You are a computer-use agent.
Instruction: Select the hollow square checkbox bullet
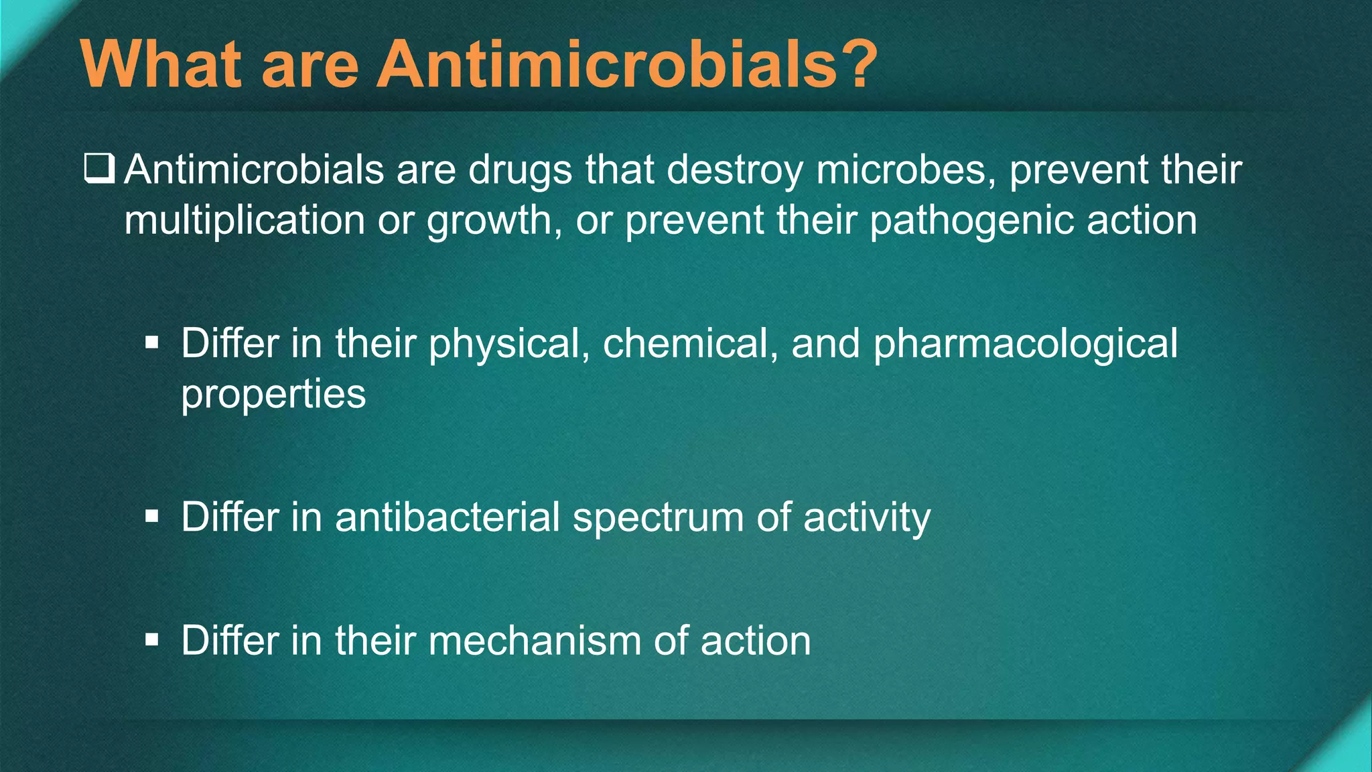(99, 168)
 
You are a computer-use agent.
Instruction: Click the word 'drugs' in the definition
(520, 170)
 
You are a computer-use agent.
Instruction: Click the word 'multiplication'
(245, 220)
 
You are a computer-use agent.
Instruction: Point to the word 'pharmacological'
(1025, 344)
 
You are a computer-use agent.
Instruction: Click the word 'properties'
(273, 394)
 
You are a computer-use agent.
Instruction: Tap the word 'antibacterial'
(448, 517)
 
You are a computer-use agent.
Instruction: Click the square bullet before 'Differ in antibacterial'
(152, 517)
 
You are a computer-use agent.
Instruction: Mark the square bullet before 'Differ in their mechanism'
(152, 641)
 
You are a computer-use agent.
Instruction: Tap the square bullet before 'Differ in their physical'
(152, 344)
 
